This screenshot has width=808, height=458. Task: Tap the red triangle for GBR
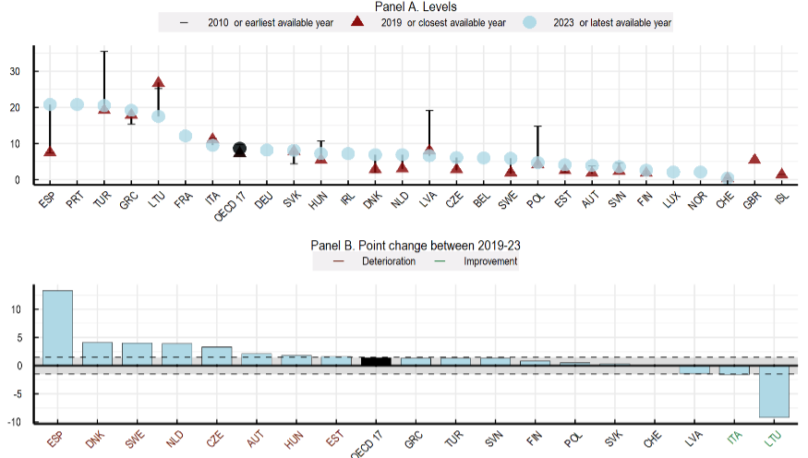pos(754,159)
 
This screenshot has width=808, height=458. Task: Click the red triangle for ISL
pos(781,174)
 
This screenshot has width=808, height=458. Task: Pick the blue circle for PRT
pos(77,104)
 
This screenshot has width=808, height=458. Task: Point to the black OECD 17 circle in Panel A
pos(239,149)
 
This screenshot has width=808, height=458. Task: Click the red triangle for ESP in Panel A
pos(50,151)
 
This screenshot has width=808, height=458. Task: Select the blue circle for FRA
pos(185,136)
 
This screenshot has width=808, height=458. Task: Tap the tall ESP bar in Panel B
pos(57,328)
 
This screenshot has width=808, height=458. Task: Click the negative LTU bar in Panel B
pos(774,392)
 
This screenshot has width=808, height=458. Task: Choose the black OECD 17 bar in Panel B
pos(376,361)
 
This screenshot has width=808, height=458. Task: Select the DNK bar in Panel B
pos(97,354)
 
